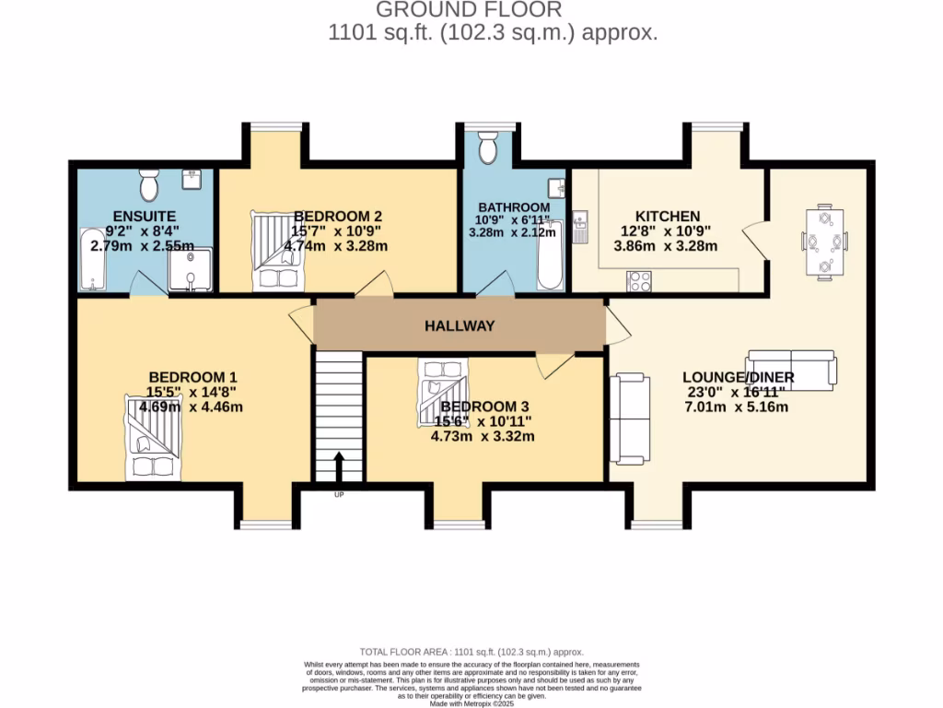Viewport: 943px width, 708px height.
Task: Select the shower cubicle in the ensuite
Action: point(189,269)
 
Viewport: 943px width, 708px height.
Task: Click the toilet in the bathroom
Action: point(488,147)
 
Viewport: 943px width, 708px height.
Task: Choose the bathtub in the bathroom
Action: point(552,254)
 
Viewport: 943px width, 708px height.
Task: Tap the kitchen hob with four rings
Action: point(638,281)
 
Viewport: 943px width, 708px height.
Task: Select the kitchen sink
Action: point(580,228)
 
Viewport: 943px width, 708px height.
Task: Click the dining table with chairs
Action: point(824,242)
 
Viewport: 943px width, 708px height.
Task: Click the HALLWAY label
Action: point(460,325)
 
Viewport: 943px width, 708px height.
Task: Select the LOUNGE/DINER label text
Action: point(738,378)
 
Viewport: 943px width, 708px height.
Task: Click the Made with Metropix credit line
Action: point(471,703)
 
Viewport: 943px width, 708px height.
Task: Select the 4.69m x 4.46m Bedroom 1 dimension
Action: point(192,406)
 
